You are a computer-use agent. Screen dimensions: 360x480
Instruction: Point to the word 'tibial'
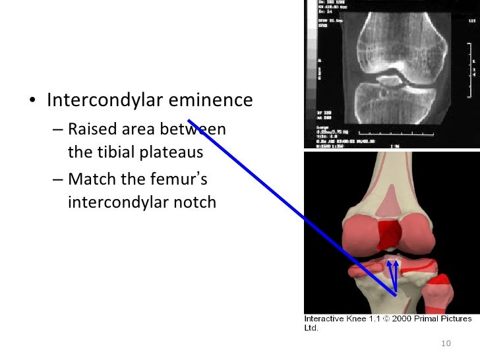(x=116, y=152)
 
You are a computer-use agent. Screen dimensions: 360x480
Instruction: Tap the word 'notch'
(x=195, y=202)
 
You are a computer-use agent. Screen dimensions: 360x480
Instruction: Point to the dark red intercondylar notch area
(x=389, y=233)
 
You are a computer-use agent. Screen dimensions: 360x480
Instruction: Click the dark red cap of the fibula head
(x=439, y=287)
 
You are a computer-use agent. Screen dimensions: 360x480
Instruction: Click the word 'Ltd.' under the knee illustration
(x=311, y=327)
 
